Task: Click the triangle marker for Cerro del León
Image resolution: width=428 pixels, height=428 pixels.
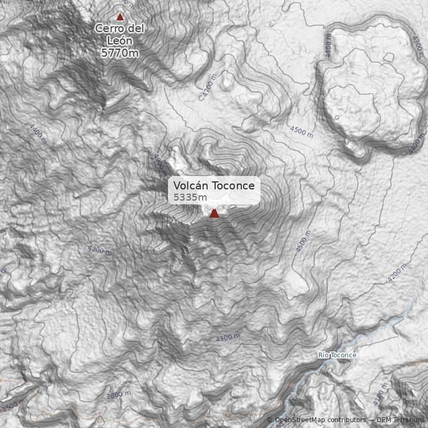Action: (120, 17)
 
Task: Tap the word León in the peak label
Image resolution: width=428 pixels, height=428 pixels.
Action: (120, 40)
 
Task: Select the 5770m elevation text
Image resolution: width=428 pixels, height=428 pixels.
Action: (120, 52)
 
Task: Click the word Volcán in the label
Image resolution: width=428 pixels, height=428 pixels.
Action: (191, 186)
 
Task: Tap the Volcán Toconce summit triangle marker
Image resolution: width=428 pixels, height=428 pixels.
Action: (214, 213)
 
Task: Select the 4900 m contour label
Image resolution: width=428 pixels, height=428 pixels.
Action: (160, 165)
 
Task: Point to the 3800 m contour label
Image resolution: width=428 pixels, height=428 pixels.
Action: (118, 395)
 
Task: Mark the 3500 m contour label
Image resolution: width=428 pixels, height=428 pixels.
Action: (13, 404)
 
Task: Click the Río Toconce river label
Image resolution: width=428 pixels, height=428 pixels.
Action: (337, 355)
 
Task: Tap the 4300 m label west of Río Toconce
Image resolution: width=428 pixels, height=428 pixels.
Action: (228, 338)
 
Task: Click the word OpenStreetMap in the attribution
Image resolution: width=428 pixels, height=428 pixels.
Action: (301, 420)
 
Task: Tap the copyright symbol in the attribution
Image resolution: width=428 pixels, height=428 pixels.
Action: (270, 420)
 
